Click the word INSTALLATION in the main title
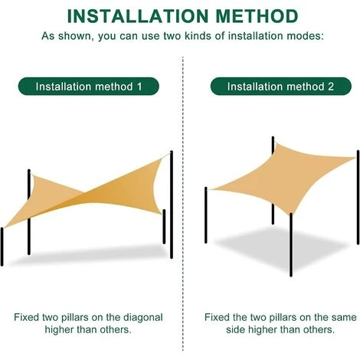(x=138, y=16)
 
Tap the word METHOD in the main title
(x=257, y=16)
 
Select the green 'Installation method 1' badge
(x=89, y=87)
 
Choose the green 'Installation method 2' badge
(x=281, y=87)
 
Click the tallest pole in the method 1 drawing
(x=172, y=205)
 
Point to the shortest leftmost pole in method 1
(x=2, y=247)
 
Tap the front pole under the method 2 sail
(x=291, y=244)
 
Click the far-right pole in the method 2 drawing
(x=358, y=198)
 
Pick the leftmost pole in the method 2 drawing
(x=206, y=215)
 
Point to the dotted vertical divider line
(x=183, y=204)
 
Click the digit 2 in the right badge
(x=331, y=87)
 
